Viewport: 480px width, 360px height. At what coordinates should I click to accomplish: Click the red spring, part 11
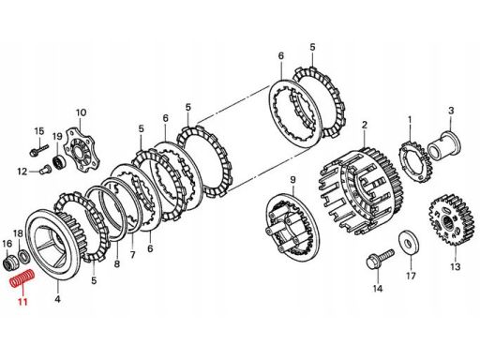tap(22, 278)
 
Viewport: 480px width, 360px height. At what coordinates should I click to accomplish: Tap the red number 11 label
tap(22, 302)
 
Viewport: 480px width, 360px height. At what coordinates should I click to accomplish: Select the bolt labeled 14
tap(380, 259)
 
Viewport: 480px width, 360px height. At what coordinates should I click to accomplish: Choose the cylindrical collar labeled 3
tap(444, 146)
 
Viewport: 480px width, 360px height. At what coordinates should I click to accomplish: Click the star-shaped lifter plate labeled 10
tap(82, 151)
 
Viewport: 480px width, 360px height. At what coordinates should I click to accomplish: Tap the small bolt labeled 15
tap(39, 149)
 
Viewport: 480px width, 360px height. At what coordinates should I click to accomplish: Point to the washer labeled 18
tap(23, 256)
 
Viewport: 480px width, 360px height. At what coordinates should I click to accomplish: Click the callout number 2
tap(365, 126)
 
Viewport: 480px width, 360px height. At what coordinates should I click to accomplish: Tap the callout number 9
tap(292, 179)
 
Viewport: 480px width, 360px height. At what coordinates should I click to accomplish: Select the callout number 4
tap(57, 299)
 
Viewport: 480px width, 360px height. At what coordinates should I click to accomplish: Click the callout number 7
tap(133, 255)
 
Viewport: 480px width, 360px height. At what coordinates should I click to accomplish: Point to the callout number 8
tap(117, 264)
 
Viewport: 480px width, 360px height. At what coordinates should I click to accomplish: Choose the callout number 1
tap(410, 119)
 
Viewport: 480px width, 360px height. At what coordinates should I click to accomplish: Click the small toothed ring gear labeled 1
tap(415, 162)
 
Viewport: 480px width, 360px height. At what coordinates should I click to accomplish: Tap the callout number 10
tap(81, 112)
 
